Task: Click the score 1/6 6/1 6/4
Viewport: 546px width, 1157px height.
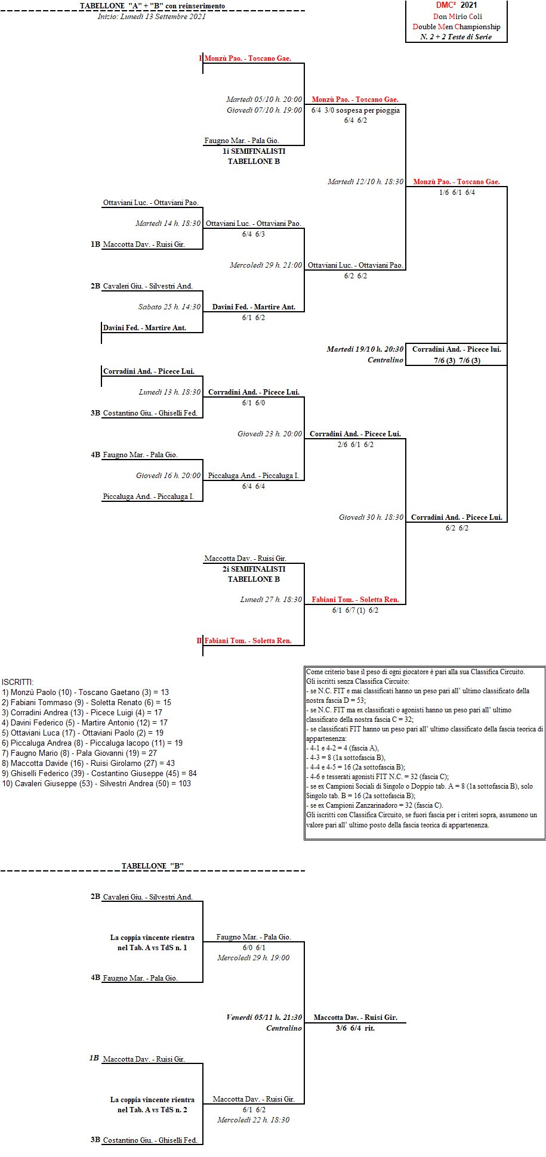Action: [457, 193]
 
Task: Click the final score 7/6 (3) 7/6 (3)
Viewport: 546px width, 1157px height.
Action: [457, 361]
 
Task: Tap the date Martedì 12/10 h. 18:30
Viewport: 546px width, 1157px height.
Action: [365, 182]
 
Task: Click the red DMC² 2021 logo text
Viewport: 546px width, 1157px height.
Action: [456, 5]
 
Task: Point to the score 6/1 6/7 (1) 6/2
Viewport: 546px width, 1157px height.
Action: [355, 610]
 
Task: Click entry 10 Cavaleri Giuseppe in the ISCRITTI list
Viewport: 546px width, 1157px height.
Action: [97, 784]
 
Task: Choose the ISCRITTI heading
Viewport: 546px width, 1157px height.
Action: [18, 683]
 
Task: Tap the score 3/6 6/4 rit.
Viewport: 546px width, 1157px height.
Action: [355, 1028]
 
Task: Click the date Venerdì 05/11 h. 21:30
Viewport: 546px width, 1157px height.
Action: [264, 1018]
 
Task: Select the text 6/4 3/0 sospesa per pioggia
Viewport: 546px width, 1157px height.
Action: [356, 110]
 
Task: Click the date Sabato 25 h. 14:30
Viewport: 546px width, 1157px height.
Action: [169, 307]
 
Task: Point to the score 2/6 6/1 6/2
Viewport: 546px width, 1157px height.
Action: [355, 445]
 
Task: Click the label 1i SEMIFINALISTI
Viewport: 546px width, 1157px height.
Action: [254, 151]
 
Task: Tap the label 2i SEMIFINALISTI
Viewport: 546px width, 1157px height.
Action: [254, 569]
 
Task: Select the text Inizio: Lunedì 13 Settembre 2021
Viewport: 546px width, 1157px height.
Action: [152, 17]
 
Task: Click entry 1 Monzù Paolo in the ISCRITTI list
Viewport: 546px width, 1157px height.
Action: [85, 693]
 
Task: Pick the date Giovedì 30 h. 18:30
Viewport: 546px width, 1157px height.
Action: [371, 517]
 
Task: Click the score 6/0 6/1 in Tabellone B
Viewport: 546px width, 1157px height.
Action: [254, 948]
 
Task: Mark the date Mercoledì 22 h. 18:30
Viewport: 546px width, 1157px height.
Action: [254, 1120]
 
